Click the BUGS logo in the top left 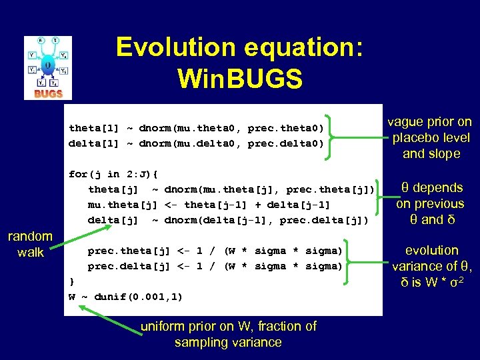coord(47,67)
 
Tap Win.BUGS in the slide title coord(239,79)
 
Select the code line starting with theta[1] coord(196,128)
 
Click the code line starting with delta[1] coord(196,143)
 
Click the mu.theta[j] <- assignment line coord(209,205)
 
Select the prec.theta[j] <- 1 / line coord(215,251)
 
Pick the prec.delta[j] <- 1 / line coord(215,266)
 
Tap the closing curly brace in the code coord(72,281)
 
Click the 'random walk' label coord(30,244)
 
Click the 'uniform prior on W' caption coord(229,334)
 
